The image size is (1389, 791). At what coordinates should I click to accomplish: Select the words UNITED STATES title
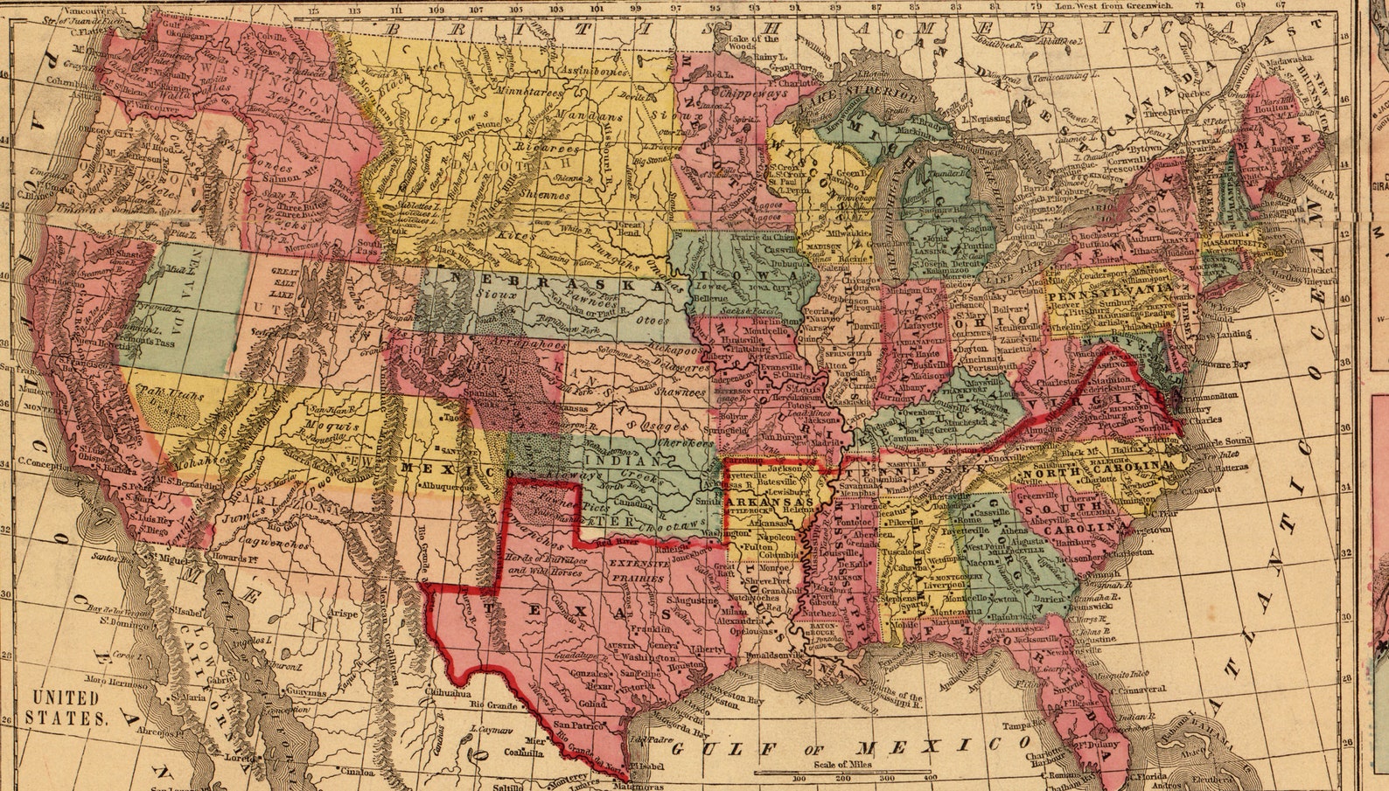coord(66,708)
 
